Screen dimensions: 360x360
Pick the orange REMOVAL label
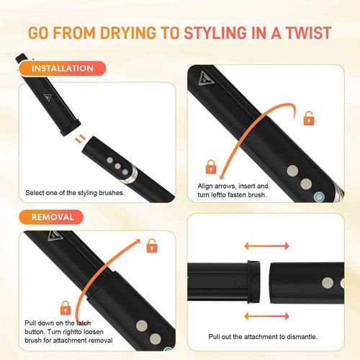57,216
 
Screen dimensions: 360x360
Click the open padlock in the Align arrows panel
309,117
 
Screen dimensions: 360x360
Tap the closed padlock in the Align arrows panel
211,167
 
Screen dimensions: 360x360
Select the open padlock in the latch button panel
152,247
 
